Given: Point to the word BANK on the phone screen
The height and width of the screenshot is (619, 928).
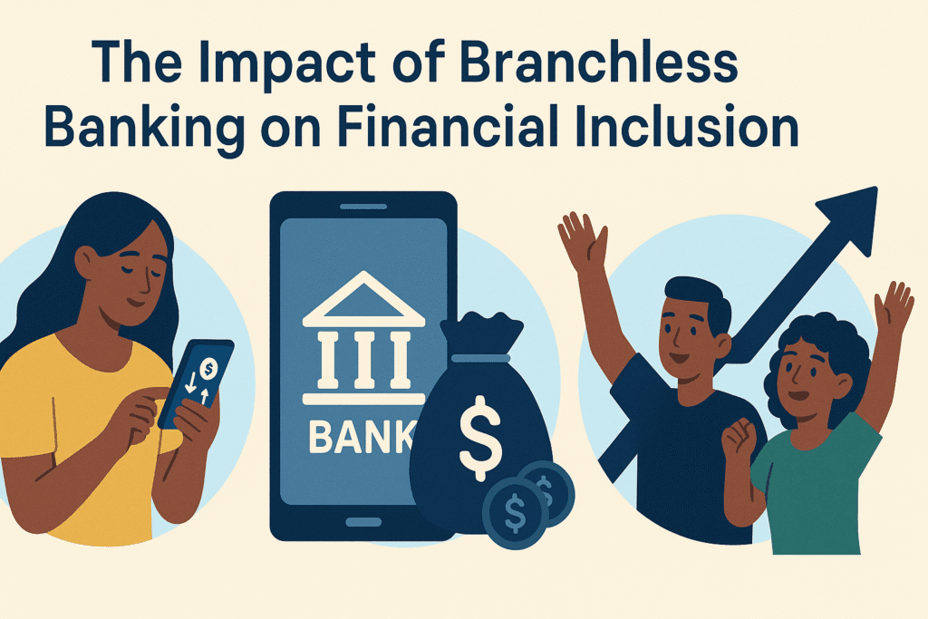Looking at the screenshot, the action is point(361,437).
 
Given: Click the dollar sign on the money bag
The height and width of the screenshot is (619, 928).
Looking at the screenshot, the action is point(480,438).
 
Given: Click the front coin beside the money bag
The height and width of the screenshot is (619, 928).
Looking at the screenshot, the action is point(515,512).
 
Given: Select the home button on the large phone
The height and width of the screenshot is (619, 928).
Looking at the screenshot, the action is point(363,523).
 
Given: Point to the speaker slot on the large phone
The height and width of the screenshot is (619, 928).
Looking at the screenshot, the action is point(363,207).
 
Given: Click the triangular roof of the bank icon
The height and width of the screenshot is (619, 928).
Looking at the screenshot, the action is point(363,299).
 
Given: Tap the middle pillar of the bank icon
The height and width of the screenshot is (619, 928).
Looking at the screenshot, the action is point(363,360).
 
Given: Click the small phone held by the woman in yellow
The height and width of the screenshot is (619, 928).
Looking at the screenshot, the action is point(197,382).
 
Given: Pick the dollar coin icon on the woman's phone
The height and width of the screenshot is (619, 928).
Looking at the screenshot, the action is point(208,369).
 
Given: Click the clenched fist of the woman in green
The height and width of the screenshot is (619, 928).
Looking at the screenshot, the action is point(738,438).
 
